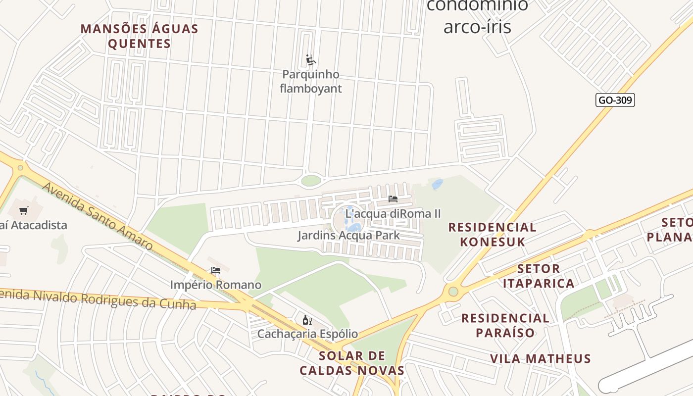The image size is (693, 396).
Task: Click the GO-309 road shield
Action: [x=615, y=100]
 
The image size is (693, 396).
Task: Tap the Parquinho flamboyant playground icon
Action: [x=311, y=60]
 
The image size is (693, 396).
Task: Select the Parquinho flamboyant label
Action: [x=311, y=82]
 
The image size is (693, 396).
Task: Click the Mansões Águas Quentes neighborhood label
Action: [x=140, y=36]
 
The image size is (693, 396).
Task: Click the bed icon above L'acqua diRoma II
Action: [x=393, y=199]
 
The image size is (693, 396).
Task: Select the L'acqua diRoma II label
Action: [x=393, y=214]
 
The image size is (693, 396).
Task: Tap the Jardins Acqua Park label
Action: [x=348, y=235]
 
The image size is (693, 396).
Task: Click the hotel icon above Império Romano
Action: [x=215, y=270]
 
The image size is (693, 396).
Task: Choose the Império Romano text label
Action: [x=215, y=285]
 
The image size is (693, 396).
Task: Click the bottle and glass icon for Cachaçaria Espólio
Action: [x=307, y=320]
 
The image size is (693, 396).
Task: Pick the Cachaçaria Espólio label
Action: [x=307, y=334]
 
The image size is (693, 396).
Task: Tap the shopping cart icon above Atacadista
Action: [x=23, y=211]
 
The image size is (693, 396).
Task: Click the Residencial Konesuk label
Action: [x=492, y=234]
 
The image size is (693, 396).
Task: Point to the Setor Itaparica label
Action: [x=539, y=276]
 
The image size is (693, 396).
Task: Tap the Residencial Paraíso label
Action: [x=505, y=325]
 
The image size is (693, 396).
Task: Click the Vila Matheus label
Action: [x=541, y=358]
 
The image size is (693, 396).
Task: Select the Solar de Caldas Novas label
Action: [x=352, y=363]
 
